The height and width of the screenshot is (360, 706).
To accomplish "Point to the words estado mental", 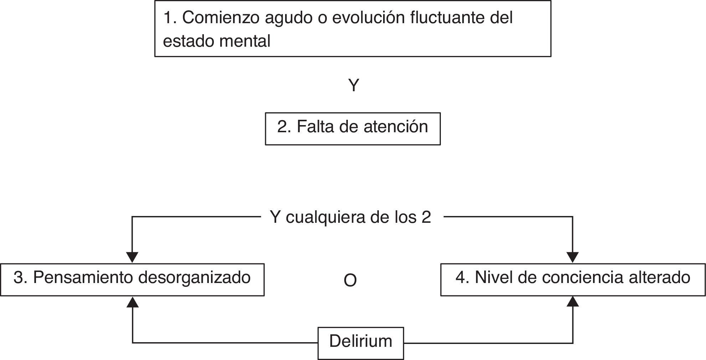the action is [217, 41].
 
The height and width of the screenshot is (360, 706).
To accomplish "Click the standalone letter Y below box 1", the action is [353, 86].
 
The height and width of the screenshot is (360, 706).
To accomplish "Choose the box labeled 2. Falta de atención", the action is [353, 129].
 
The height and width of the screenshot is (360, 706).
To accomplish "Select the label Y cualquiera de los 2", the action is [350, 217].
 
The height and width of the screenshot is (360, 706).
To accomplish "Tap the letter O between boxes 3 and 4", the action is [350, 281].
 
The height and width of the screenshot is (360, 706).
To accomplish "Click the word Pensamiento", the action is [83, 278].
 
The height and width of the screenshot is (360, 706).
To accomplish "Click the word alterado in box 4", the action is [659, 278].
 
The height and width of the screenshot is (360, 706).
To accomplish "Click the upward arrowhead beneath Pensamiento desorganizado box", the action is [133, 302].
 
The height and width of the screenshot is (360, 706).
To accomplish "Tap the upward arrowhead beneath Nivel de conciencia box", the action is [573, 302].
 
